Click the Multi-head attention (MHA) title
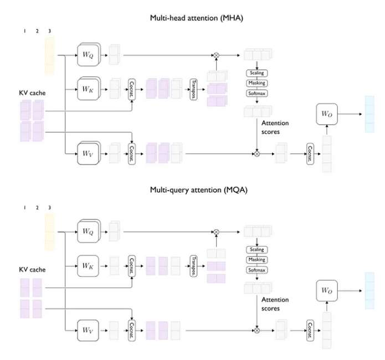(197, 18)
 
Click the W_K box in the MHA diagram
(89, 89)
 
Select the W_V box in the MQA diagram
(89, 330)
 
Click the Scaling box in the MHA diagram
(256, 73)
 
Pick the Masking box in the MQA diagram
(256, 260)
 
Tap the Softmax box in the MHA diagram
(256, 94)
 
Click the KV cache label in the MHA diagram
(32, 93)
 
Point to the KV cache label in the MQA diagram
(32, 270)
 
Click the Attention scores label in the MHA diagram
(275, 127)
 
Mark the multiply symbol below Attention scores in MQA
(256, 331)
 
